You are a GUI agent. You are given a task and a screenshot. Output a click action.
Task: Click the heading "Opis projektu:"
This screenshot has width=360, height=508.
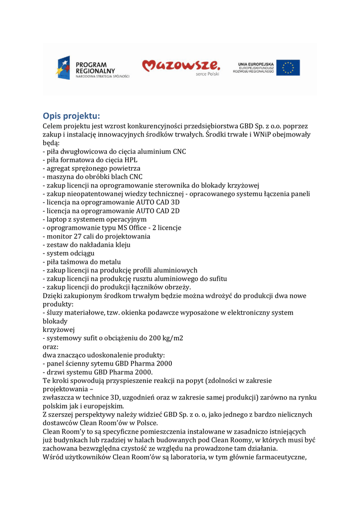pyautogui.click(x=72, y=116)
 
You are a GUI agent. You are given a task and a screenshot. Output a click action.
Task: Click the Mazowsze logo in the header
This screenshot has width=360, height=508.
pyautogui.click(x=181, y=66)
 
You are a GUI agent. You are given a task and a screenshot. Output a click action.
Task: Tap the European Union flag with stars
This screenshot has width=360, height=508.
pyautogui.click(x=288, y=67)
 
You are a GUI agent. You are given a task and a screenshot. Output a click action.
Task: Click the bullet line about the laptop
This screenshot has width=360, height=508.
pyautogui.click(x=95, y=219)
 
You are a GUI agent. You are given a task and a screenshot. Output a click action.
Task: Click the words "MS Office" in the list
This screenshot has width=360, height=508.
pyautogui.click(x=139, y=228)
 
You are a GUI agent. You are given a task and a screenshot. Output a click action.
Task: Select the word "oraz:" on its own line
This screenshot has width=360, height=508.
pyautogui.click(x=51, y=346)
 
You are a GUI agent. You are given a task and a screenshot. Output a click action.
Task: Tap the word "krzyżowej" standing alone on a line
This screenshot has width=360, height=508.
pyautogui.click(x=59, y=329)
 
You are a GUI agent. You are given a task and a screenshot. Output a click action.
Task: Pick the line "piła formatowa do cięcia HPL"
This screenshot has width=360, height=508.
pyautogui.click(x=90, y=160)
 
